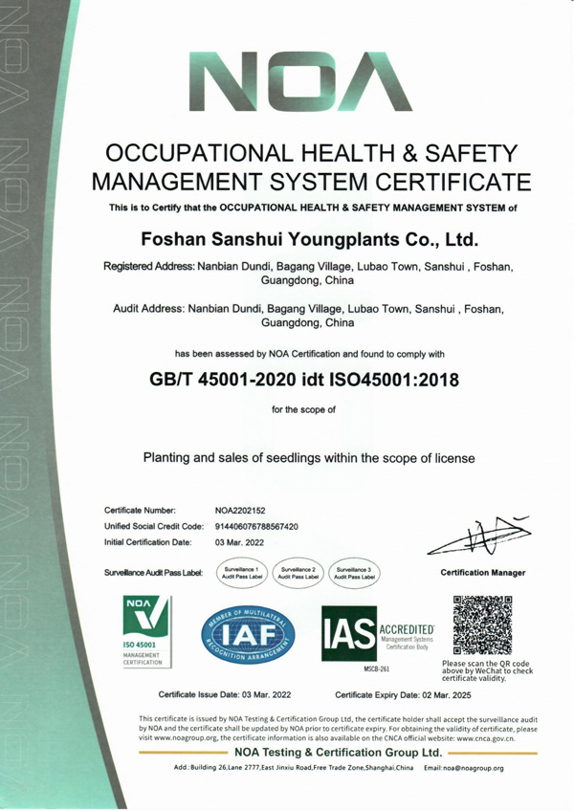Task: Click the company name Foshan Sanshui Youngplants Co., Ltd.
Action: (x=309, y=236)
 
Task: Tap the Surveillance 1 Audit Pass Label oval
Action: (x=238, y=573)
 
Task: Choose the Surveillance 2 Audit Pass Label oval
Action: (x=296, y=573)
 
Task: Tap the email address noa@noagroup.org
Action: (x=465, y=768)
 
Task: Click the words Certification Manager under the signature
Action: (x=482, y=573)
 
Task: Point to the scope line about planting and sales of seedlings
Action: (x=309, y=458)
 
